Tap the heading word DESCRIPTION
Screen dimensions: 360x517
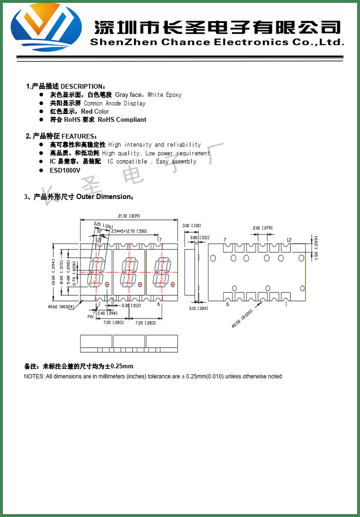coord(81,86)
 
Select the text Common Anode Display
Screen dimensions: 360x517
coord(115,103)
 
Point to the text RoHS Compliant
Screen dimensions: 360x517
coord(122,119)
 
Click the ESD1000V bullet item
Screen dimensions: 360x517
coord(65,170)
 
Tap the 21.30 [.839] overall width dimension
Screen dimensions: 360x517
coord(129,216)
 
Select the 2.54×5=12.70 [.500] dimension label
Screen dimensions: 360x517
coord(129,231)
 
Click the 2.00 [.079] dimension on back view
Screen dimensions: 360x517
coord(263,228)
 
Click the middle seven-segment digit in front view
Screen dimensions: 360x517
coord(129,272)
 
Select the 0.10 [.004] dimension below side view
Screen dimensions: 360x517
coord(202,308)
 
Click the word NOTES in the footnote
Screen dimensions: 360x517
coord(33,376)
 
